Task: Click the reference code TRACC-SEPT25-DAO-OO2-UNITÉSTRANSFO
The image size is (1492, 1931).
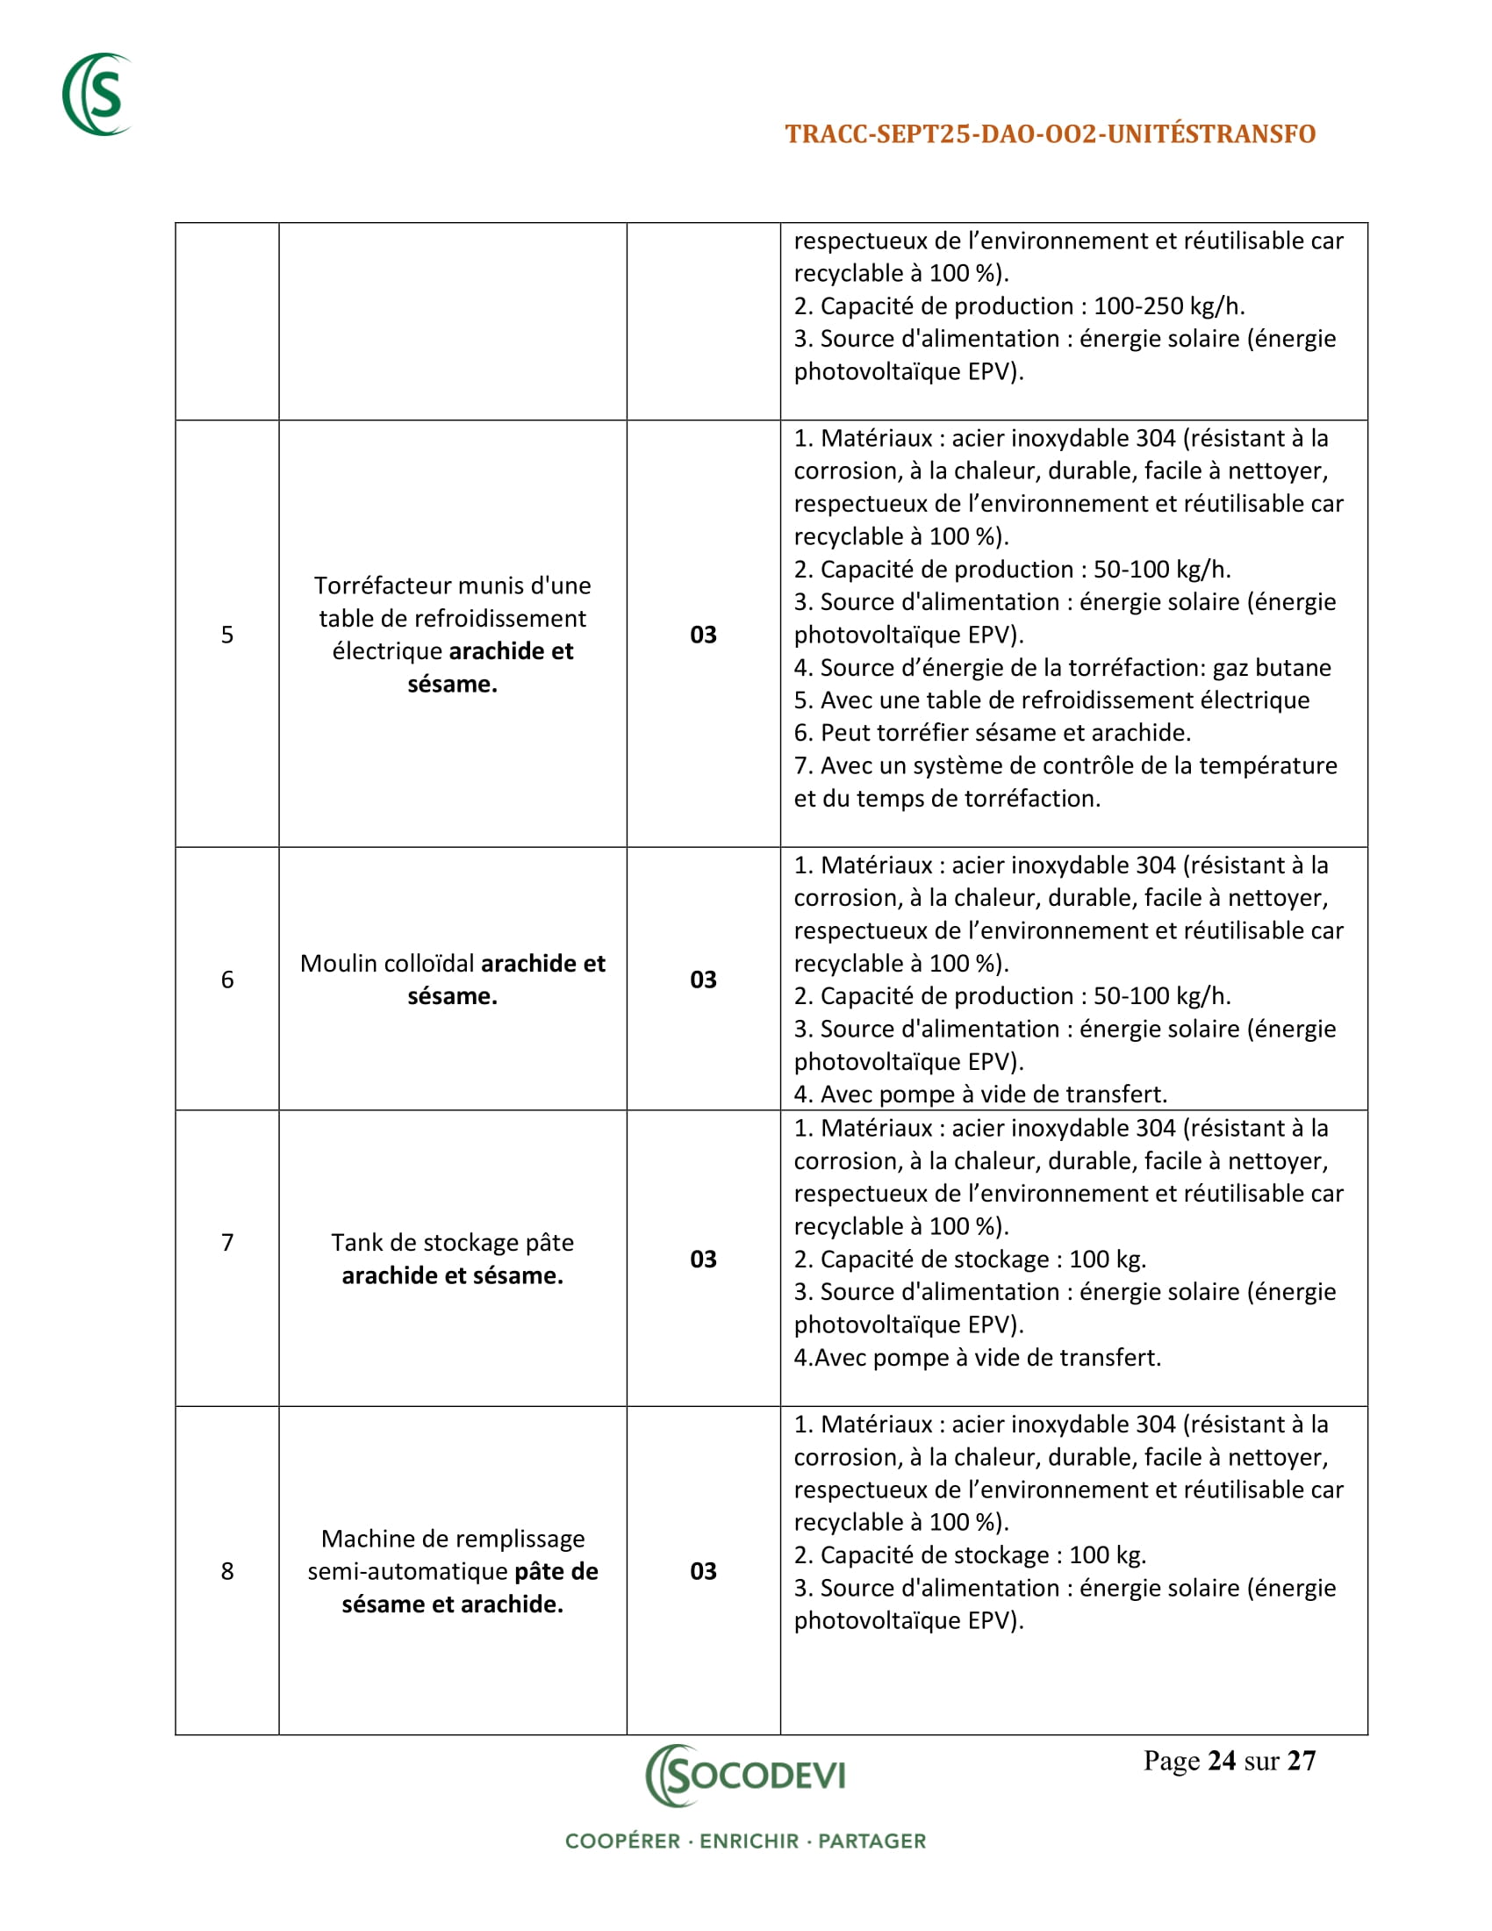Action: pyautogui.click(x=1050, y=134)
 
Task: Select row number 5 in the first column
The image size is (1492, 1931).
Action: pyautogui.click(x=227, y=635)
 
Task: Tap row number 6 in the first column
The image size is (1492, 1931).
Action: pyautogui.click(x=227, y=980)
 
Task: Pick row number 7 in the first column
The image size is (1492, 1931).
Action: pyautogui.click(x=227, y=1242)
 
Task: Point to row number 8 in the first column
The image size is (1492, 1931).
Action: pyautogui.click(x=227, y=1571)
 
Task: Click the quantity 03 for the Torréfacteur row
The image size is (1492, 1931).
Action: pyautogui.click(x=703, y=635)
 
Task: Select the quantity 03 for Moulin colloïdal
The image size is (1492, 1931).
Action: pyautogui.click(x=703, y=980)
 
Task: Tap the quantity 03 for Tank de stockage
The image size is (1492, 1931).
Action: pyautogui.click(x=703, y=1259)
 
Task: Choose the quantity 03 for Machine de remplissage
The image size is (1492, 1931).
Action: pyautogui.click(x=703, y=1571)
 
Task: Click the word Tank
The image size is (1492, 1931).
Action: pyautogui.click(x=355, y=1243)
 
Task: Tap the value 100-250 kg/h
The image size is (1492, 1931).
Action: pyautogui.click(x=1168, y=307)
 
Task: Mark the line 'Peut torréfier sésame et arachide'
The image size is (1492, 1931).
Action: pyautogui.click(x=993, y=733)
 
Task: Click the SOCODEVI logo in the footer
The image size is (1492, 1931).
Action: pyautogui.click(x=746, y=1775)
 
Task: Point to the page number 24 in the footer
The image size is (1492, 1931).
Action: pyautogui.click(x=1221, y=1762)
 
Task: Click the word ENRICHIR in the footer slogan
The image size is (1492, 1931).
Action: pyautogui.click(x=749, y=1841)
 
